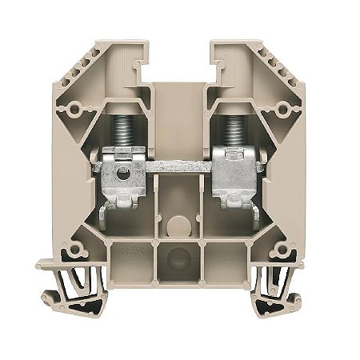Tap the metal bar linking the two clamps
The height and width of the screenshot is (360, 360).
click(x=180, y=171)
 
